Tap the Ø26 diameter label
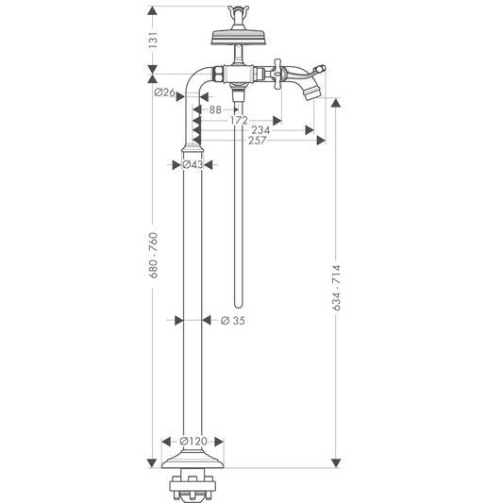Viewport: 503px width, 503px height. click(165, 92)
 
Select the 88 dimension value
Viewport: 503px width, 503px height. click(216, 109)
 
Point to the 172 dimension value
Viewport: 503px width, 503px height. click(238, 121)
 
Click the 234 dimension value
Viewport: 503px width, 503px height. click(260, 130)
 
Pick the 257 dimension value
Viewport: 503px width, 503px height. click(255, 141)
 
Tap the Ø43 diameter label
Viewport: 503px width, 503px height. click(193, 164)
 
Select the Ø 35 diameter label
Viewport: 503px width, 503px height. click(232, 320)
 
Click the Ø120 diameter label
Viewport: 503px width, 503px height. click(193, 441)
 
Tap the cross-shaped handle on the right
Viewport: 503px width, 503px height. click(280, 71)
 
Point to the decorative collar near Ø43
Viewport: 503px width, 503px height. click(193, 147)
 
